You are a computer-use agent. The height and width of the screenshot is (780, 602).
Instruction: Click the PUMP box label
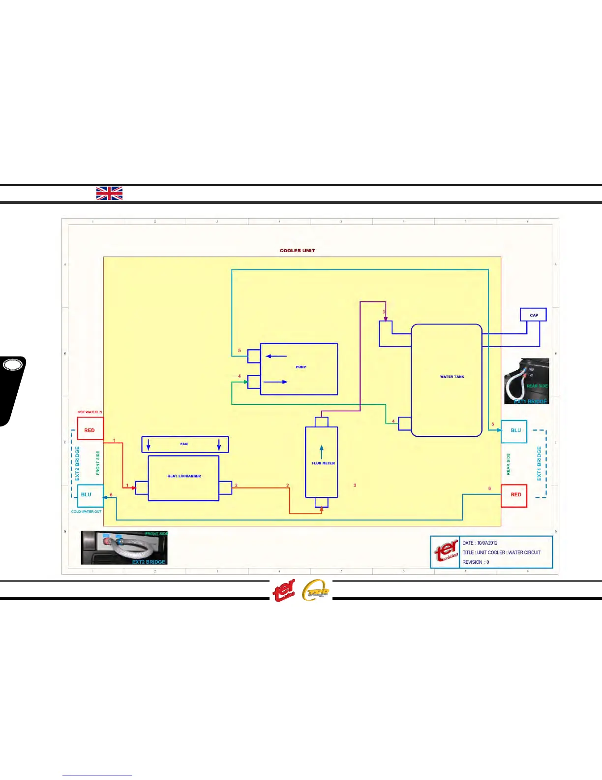(x=301, y=367)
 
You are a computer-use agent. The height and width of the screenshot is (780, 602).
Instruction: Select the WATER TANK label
(x=452, y=377)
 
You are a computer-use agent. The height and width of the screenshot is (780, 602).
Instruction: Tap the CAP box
(x=534, y=315)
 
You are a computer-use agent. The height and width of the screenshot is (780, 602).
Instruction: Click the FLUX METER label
(x=323, y=463)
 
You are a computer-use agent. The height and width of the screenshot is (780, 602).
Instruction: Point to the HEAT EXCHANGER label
(x=184, y=476)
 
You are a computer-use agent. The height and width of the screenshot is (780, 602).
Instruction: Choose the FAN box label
(x=184, y=444)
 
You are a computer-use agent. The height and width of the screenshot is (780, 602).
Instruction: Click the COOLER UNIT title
(x=297, y=251)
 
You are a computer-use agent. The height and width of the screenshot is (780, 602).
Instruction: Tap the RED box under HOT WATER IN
(x=90, y=430)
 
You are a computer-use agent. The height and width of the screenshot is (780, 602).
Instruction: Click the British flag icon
(x=109, y=194)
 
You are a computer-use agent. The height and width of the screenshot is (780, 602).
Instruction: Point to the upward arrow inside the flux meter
(x=322, y=452)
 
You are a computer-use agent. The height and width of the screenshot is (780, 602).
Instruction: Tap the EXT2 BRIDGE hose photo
(x=124, y=548)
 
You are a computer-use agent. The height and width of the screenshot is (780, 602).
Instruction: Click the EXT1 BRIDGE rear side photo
(x=526, y=382)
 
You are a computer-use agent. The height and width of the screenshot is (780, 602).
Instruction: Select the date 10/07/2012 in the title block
(x=487, y=543)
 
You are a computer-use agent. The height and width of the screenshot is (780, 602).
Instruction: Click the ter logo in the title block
(x=446, y=552)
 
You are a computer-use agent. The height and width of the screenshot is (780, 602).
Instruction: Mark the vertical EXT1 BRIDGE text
(x=539, y=463)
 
